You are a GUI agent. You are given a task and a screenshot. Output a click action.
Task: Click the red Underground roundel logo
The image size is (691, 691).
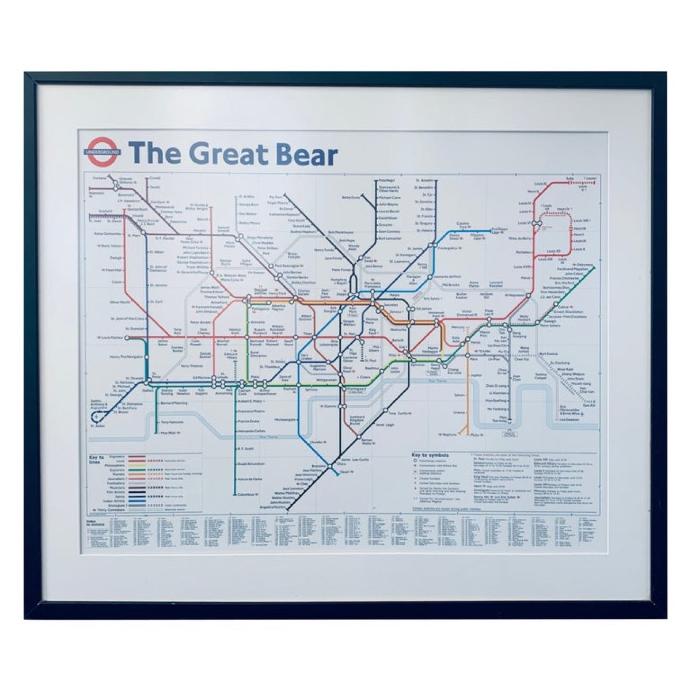point(104,151)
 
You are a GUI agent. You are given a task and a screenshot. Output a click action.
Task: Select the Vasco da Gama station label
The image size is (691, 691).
point(250,479)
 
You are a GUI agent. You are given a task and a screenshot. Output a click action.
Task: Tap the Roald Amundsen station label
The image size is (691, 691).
point(251,464)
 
